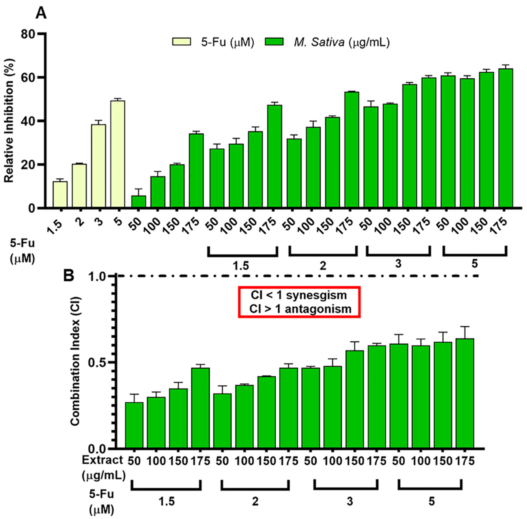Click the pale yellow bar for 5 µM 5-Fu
(x=118, y=154)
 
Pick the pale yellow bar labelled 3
(x=99, y=166)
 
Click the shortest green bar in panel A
(x=139, y=202)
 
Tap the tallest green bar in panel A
(x=505, y=138)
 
